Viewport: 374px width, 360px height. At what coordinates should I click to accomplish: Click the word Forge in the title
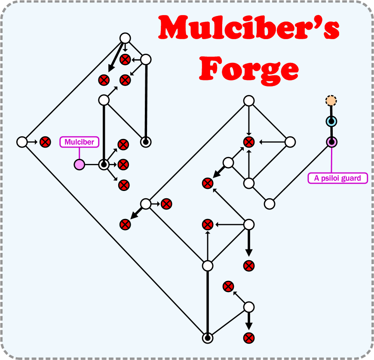[249, 68]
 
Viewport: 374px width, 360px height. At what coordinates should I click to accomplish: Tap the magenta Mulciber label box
[80, 142]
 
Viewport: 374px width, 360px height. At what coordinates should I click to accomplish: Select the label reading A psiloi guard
[338, 178]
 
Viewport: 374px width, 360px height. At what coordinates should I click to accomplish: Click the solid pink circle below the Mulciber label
[80, 164]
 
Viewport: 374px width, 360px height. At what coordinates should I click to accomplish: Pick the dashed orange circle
[331, 101]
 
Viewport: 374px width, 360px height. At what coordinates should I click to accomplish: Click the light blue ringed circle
[331, 122]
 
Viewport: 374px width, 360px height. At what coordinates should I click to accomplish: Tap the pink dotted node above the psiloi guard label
[331, 142]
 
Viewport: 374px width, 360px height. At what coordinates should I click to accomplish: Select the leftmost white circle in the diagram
[21, 142]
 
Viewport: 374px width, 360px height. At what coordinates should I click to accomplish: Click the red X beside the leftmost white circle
[45, 142]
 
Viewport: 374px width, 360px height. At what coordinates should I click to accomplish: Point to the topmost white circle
[125, 38]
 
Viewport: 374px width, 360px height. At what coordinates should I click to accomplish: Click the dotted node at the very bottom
[208, 338]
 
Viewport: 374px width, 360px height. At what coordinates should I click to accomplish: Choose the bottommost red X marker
[248, 338]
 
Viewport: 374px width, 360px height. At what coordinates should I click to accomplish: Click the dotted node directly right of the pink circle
[104, 164]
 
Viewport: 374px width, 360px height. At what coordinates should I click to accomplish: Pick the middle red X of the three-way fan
[124, 164]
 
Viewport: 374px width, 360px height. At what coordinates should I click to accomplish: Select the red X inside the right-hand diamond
[248, 142]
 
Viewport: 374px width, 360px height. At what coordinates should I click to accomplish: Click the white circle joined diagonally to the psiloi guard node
[270, 203]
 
